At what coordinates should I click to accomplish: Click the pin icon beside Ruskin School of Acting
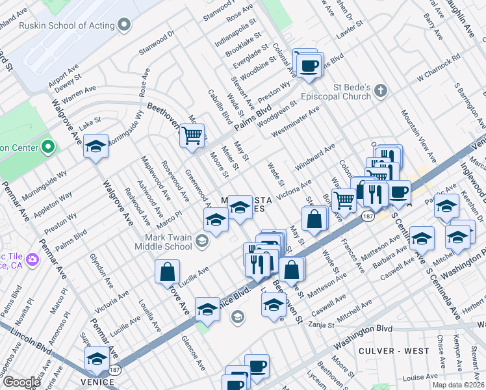125,24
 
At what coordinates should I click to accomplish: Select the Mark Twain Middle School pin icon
201,242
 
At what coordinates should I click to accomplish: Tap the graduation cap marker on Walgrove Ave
96,147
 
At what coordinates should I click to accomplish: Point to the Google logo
21,382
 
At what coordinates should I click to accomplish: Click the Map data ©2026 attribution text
458,385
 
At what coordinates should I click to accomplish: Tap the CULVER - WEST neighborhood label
394,351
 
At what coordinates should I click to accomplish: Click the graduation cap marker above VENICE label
97,359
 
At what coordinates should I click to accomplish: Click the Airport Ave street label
63,75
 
